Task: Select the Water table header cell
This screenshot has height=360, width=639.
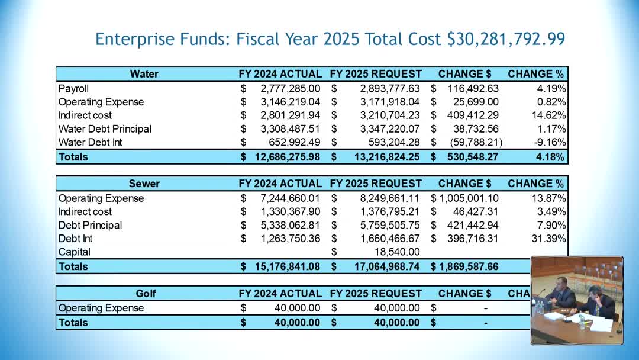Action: [144, 74]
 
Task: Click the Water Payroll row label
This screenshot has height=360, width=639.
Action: [73, 88]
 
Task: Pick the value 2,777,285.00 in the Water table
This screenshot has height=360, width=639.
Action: [290, 88]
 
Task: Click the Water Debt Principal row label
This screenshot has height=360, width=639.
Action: [105, 129]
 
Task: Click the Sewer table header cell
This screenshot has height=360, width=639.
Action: [144, 184]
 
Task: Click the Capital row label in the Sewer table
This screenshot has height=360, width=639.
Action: [74, 252]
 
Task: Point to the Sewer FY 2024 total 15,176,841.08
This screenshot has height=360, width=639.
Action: [287, 266]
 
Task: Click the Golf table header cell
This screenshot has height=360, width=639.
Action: [146, 293]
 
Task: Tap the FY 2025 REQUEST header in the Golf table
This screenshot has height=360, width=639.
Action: [376, 293]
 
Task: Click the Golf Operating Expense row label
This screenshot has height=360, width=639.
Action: [101, 308]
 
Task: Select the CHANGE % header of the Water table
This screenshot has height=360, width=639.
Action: [535, 74]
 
